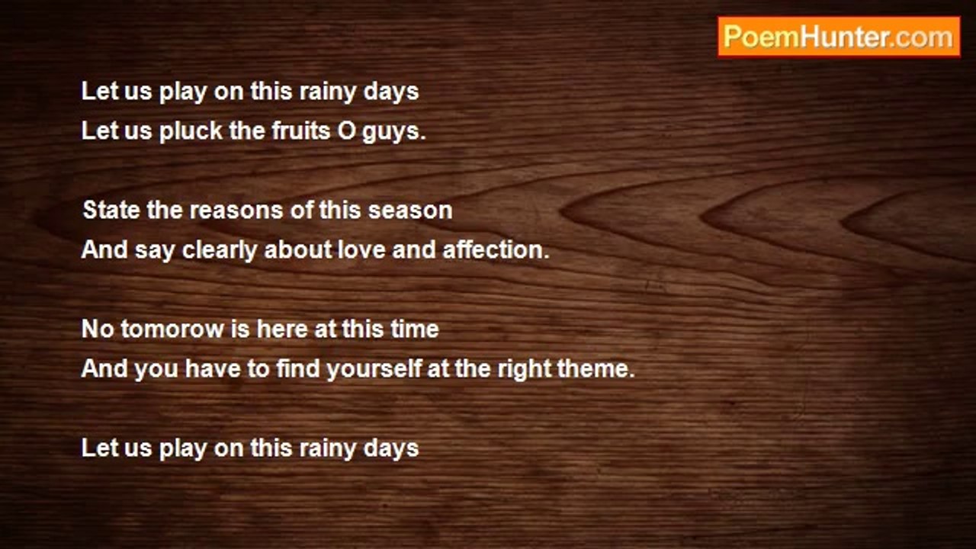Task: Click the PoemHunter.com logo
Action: [x=839, y=37]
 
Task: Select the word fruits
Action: [x=300, y=130]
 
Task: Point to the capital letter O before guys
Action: [x=346, y=131]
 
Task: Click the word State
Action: [x=111, y=210]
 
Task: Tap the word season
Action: [x=410, y=211]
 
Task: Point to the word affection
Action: [x=496, y=250]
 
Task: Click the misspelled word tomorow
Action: [x=172, y=329]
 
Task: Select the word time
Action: [x=414, y=329]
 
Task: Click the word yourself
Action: [x=374, y=370]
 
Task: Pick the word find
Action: [x=298, y=368]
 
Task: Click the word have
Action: [x=213, y=368]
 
